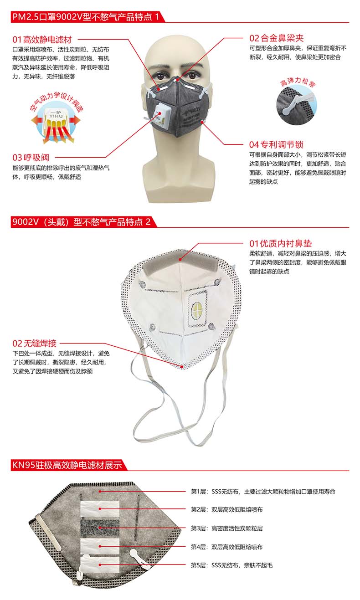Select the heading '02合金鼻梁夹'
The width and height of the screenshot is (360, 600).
coord(276,38)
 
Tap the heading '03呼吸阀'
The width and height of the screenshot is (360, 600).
coord(31,158)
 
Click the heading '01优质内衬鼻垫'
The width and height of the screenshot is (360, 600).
coord(280,244)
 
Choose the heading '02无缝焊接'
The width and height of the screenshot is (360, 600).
coord(36,343)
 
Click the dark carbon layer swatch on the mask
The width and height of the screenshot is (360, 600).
coord(100,528)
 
